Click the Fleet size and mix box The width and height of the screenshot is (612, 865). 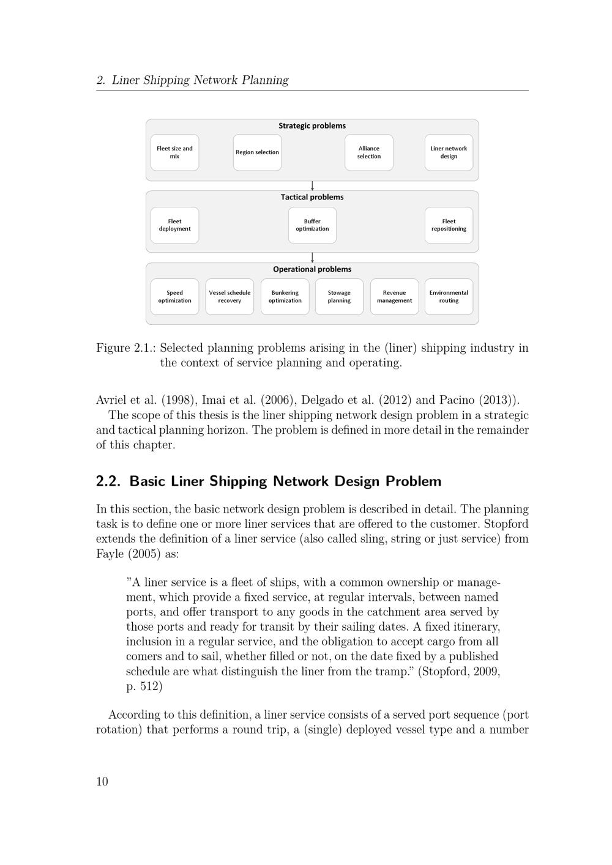(174, 152)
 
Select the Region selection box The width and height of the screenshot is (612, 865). (257, 152)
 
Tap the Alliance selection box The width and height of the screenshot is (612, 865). (368, 152)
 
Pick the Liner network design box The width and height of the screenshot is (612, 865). (449, 152)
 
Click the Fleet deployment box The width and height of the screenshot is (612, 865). (174, 225)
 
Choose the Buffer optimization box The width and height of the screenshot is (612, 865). (312, 225)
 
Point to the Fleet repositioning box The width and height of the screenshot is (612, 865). (449, 225)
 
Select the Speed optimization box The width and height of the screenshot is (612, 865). (174, 297)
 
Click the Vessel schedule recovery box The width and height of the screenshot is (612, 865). (229, 297)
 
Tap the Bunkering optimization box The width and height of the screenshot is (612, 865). (285, 297)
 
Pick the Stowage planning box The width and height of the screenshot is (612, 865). (339, 297)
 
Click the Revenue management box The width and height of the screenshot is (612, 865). (394, 297)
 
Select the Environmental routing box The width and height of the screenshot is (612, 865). (449, 297)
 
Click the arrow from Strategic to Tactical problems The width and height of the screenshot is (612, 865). (312, 186)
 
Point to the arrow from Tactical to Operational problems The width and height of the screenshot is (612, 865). (312, 258)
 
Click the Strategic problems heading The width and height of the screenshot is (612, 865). (312, 126)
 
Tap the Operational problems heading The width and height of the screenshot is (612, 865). (312, 269)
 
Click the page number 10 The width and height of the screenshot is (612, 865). (102, 781)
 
